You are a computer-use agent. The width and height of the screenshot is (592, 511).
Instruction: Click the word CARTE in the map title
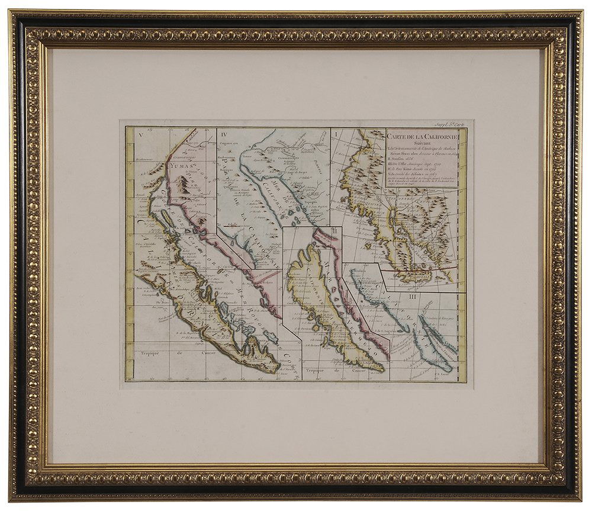point(399,134)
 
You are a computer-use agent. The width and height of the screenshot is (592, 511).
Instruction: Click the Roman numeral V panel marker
point(140,134)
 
